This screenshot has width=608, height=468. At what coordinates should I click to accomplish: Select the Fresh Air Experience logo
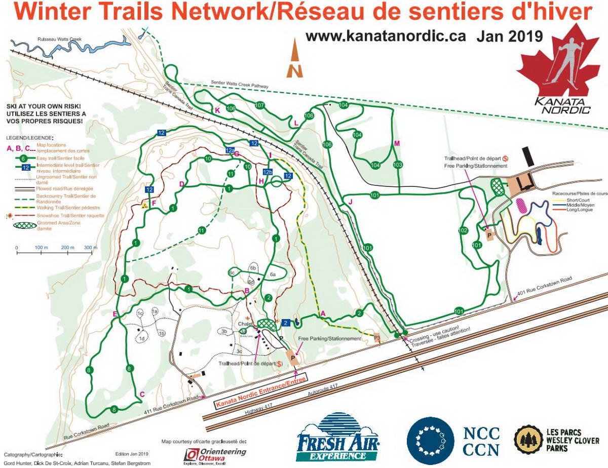[339, 438]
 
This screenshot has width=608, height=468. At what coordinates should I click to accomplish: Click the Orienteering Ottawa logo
[215, 454]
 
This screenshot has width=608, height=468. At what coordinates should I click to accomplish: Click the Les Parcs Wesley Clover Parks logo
[556, 439]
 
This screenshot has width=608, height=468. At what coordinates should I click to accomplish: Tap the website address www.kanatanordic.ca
[386, 36]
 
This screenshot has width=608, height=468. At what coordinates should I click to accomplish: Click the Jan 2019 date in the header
[510, 36]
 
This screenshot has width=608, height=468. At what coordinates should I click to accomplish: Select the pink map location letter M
[397, 144]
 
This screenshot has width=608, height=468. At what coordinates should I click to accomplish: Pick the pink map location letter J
[350, 202]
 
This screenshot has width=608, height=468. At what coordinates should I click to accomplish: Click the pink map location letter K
[217, 110]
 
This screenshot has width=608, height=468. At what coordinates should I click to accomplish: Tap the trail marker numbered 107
[260, 105]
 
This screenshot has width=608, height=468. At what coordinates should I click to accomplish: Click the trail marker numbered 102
[463, 230]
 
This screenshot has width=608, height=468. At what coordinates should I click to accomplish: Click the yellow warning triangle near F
[145, 205]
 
